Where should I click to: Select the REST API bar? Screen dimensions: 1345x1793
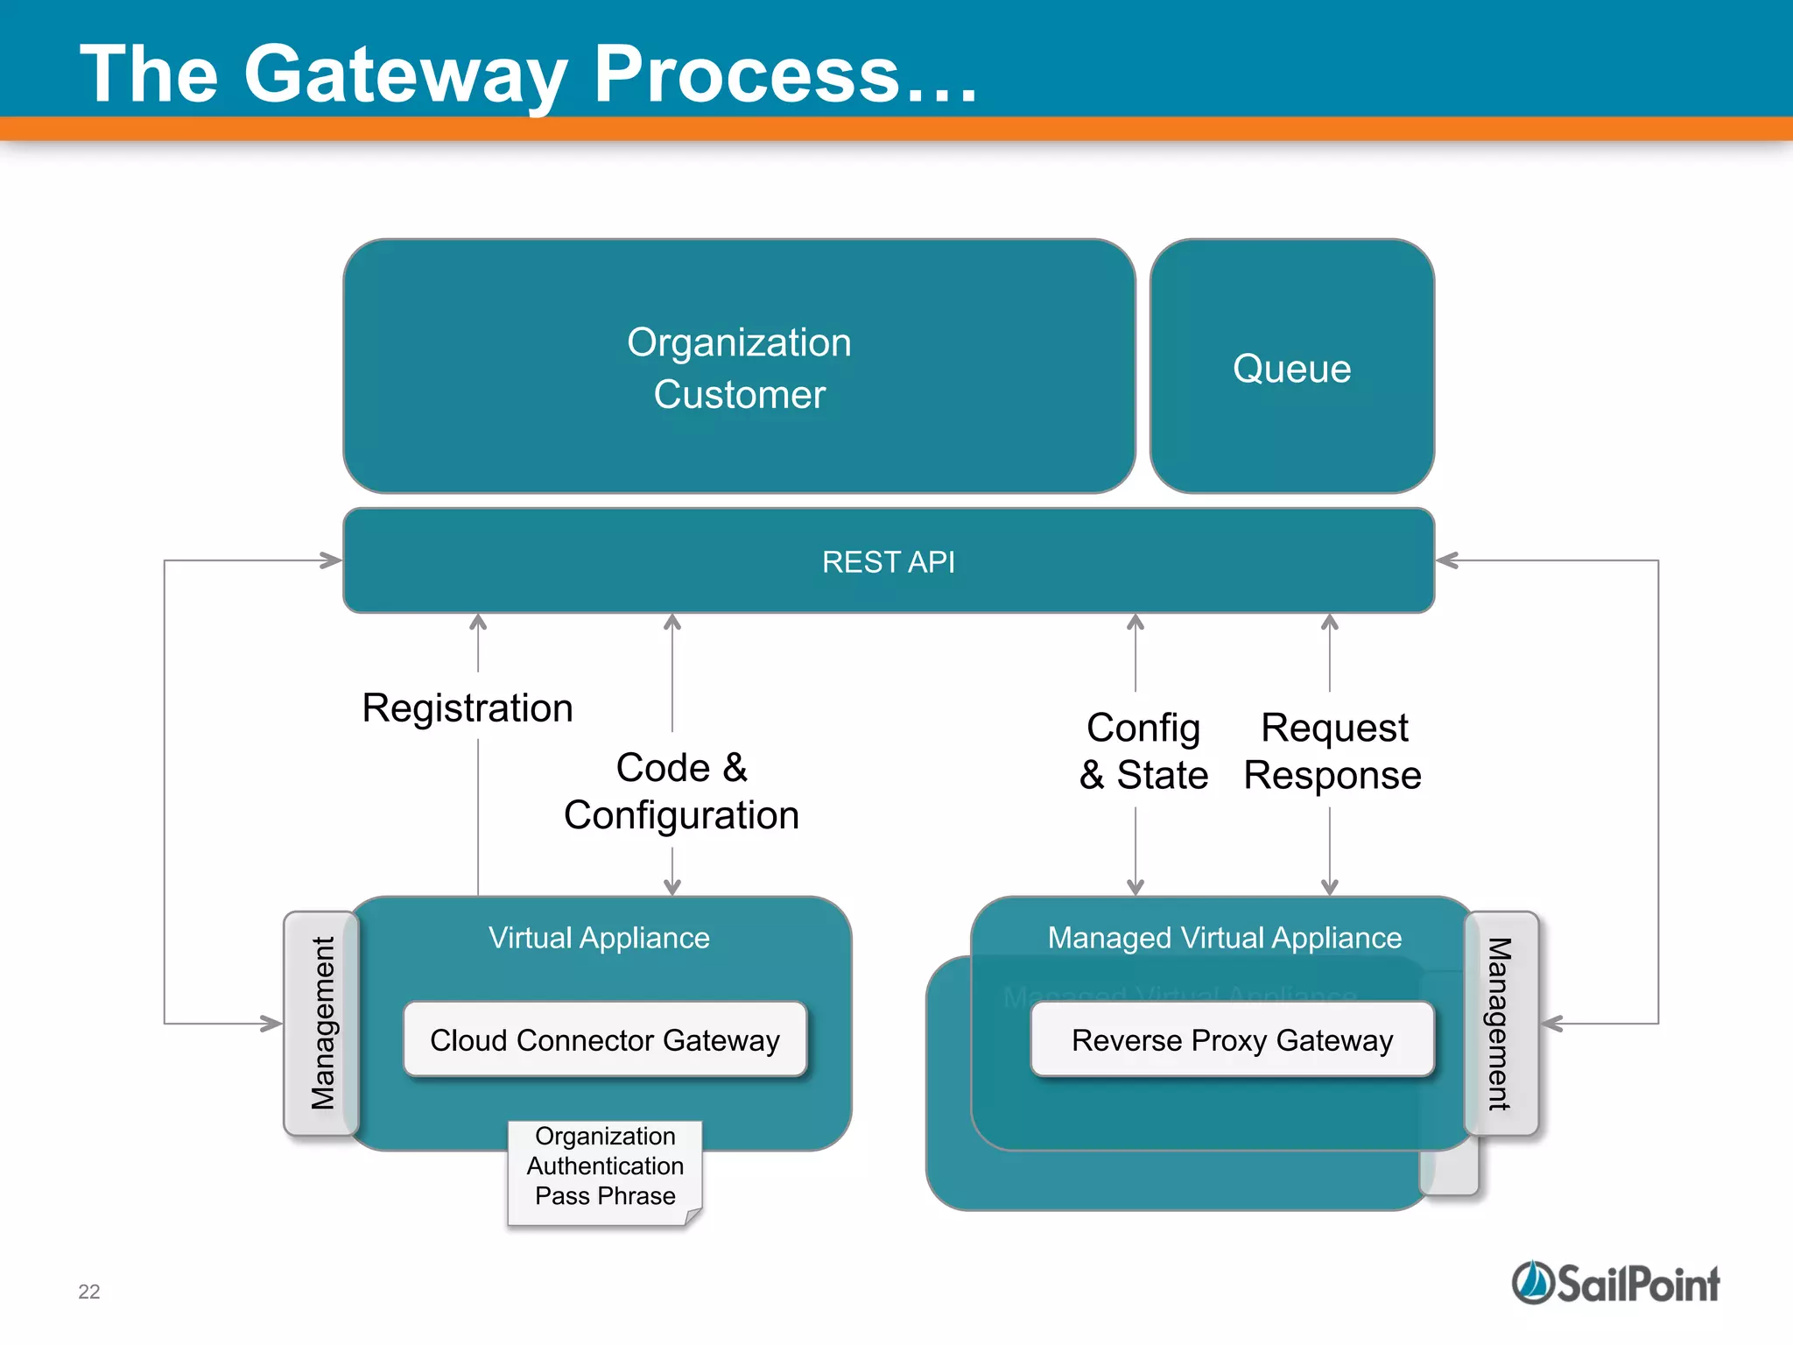[x=888, y=561]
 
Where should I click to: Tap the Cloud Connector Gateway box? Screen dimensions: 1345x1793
[x=604, y=1039]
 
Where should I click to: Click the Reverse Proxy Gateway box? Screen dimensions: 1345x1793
[x=1232, y=1039]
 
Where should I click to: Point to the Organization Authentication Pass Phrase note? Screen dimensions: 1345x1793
[x=605, y=1166]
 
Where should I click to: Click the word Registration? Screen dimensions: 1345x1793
[x=468, y=708]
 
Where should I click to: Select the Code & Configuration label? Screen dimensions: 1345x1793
[x=681, y=791]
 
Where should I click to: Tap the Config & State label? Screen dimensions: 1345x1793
[x=1143, y=751]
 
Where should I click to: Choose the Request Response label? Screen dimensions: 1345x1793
[x=1332, y=751]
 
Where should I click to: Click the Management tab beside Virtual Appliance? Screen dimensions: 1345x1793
[x=322, y=1023]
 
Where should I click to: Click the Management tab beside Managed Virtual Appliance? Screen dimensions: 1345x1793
[x=1500, y=1023]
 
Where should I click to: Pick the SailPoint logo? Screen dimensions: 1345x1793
[x=1615, y=1284]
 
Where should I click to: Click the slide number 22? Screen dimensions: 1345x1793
[x=89, y=1292]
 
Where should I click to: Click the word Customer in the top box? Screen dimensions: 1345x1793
[x=739, y=395]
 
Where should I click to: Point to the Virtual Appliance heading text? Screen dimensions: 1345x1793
[x=599, y=938]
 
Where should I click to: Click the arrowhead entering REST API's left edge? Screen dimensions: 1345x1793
[x=332, y=560]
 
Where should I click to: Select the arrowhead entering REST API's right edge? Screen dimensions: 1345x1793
[x=1446, y=560]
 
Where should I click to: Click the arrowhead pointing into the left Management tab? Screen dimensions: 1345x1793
[x=272, y=1023]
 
